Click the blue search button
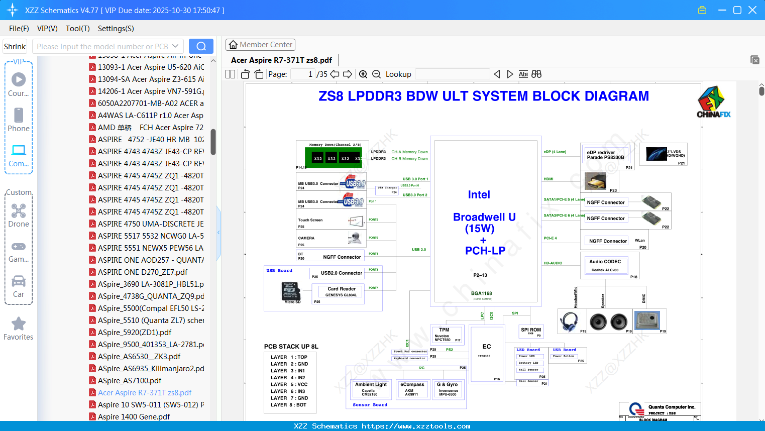[x=201, y=46]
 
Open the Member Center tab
[x=260, y=45]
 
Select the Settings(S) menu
[x=116, y=29]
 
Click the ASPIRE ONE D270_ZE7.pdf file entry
[x=142, y=272]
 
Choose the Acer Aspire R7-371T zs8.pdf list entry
[x=145, y=392]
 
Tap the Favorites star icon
[x=19, y=324]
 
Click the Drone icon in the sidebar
[x=19, y=211]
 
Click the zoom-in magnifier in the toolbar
[x=363, y=74]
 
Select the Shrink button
[x=15, y=46]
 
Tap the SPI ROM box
[x=531, y=332]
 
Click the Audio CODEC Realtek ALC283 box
[x=606, y=265]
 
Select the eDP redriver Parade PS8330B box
[x=606, y=155]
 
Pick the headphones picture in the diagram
[x=569, y=321]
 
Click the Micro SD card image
[x=291, y=291]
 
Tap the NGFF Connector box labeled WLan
[x=608, y=241]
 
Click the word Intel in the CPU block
[x=479, y=195]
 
